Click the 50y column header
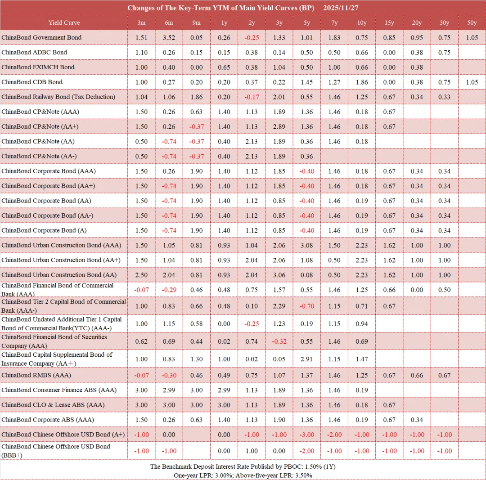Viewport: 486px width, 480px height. [x=472, y=22]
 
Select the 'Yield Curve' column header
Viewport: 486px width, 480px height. [x=64, y=22]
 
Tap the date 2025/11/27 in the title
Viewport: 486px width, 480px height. [x=341, y=8]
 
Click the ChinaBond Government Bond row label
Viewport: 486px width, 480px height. [x=41, y=37]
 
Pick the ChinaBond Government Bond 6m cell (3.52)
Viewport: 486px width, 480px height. [x=169, y=37]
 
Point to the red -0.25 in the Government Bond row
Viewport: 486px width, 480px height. [x=252, y=37]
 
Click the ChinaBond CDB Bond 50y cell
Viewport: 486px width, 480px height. [x=472, y=82]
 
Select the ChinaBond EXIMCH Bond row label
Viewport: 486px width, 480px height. [x=38, y=67]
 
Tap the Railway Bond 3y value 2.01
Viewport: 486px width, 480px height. [x=279, y=97]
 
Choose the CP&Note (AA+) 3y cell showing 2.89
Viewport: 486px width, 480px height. [x=279, y=126]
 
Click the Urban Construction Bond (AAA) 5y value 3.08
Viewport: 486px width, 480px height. [x=306, y=245]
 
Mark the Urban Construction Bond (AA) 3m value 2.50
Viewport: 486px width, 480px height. [x=141, y=275]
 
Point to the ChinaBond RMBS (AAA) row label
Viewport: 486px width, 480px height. [x=36, y=375]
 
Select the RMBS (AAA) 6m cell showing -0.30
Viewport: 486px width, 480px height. [x=169, y=375]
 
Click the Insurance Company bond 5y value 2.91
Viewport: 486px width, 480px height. [x=306, y=359]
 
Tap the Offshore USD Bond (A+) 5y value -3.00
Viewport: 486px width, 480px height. [x=306, y=434]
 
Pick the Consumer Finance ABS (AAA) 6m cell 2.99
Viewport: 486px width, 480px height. [x=169, y=390]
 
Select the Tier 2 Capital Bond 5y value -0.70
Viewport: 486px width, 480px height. [x=306, y=306]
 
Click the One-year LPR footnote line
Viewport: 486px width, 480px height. [x=243, y=475]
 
